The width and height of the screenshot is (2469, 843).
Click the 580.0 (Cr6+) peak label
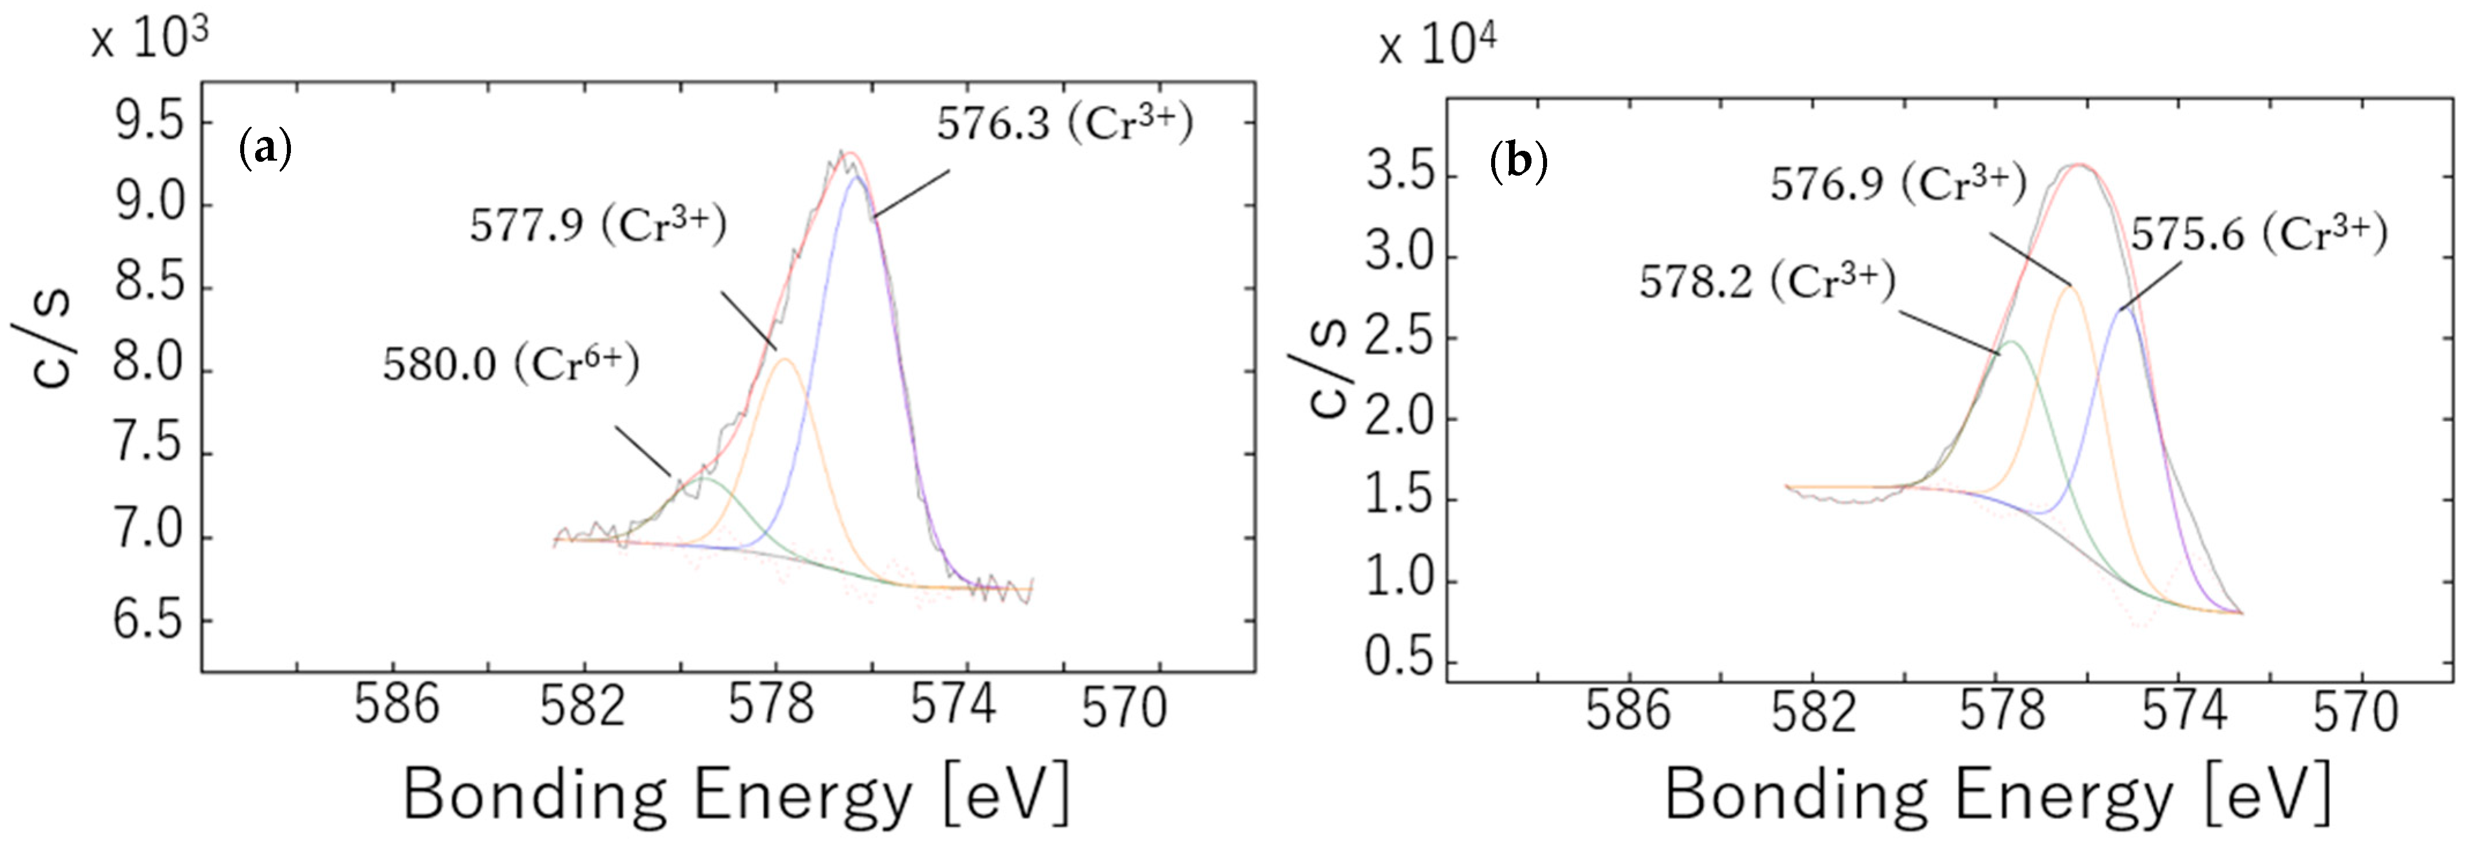[511, 365]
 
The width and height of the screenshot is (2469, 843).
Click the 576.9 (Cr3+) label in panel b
[1897, 184]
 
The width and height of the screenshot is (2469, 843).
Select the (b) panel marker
[1519, 163]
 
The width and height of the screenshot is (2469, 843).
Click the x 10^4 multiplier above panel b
[1437, 45]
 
